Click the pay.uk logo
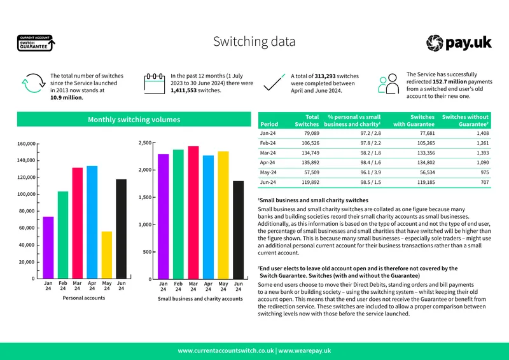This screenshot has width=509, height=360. click(459, 43)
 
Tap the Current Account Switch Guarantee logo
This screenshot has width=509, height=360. click(36, 43)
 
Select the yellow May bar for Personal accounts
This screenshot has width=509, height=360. click(107, 255)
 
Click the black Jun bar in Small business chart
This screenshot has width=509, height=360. click(238, 230)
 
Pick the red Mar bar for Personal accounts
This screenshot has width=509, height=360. click(77, 223)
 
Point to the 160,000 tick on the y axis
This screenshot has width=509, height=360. click(26, 144)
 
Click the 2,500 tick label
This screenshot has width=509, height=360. click(145, 143)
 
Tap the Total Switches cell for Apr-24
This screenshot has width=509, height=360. click(310, 163)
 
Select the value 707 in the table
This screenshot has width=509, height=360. click(485, 182)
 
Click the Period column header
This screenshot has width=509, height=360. click(269, 124)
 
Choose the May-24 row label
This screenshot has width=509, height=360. click(268, 172)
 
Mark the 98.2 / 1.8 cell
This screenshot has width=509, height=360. click(371, 153)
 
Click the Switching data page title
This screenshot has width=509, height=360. click(254, 41)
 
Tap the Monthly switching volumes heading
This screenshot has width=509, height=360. click(134, 120)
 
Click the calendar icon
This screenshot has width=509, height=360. click(155, 83)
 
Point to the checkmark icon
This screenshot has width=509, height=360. click(274, 83)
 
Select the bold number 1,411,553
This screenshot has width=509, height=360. click(184, 90)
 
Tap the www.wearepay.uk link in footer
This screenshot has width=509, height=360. click(305, 351)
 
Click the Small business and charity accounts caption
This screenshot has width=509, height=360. click(200, 299)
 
